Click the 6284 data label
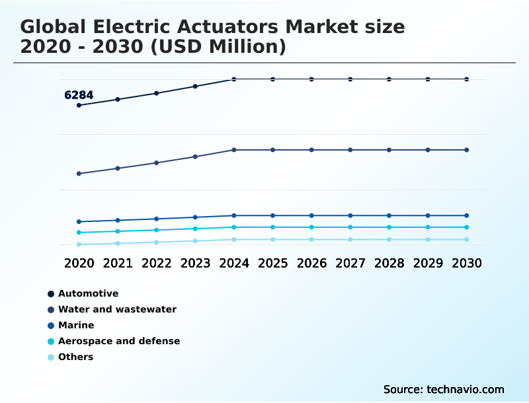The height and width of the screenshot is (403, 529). (79, 95)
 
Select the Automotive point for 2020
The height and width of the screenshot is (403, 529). (79, 105)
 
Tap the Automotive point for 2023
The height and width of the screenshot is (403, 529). (195, 86)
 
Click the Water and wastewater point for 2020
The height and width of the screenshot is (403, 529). (79, 174)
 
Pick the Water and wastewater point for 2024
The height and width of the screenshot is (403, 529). (234, 150)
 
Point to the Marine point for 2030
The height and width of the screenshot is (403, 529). (467, 215)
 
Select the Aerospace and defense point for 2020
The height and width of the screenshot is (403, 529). (79, 233)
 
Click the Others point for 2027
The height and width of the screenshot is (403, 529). (350, 239)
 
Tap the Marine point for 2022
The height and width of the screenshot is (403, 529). (157, 219)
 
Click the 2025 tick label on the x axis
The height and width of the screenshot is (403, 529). (272, 263)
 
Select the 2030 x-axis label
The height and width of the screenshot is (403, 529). (467, 263)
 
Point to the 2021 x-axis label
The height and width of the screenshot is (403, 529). (118, 263)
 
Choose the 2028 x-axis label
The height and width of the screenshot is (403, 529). (389, 263)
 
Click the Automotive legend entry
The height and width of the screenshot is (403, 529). (88, 293)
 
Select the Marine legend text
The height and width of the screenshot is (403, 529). (76, 325)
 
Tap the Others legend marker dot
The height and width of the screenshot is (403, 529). (51, 357)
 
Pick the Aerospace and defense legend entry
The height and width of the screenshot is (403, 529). (119, 341)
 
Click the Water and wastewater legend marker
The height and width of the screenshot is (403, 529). (51, 310)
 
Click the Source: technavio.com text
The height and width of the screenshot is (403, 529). (444, 389)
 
